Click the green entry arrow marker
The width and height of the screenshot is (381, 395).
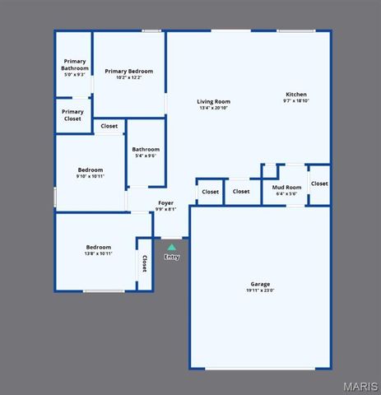point(171,247)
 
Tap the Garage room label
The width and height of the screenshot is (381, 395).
point(260,284)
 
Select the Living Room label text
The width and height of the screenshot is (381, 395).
point(213,102)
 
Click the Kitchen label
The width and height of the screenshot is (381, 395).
point(296,95)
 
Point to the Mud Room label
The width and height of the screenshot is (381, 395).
point(287,187)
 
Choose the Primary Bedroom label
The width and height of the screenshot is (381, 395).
point(129,71)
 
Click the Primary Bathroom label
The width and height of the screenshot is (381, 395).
point(75,64)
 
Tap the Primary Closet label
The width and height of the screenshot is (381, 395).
point(72,115)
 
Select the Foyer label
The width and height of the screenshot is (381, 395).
point(166,202)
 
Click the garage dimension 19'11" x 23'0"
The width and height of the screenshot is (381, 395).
point(260,290)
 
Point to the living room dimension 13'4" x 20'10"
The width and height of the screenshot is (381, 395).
point(213,109)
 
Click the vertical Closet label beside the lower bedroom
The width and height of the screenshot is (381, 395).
point(144,263)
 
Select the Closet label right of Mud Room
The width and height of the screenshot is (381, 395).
point(319,184)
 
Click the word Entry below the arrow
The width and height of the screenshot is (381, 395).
point(171,257)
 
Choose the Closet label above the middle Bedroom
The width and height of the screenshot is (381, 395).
point(109,126)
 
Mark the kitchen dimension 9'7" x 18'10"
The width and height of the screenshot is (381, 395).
point(296,101)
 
